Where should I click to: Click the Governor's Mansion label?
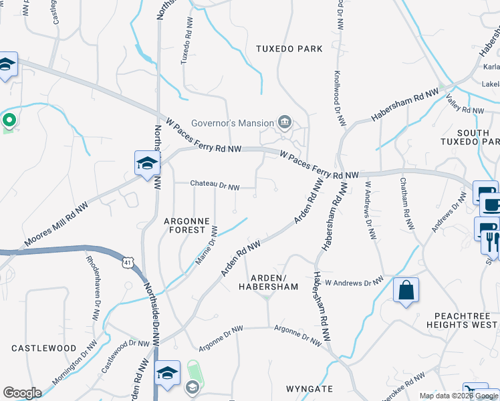[x=233, y=123]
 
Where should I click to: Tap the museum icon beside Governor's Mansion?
[x=285, y=122]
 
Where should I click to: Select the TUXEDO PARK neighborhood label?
[x=289, y=49]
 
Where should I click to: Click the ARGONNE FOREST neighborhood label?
[x=187, y=225]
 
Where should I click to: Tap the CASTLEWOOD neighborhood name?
[x=44, y=348]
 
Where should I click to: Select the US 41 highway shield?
[x=127, y=263]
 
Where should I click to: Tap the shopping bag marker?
[x=406, y=291]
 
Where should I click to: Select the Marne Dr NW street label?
[x=206, y=245]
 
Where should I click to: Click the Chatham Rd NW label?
[x=406, y=204]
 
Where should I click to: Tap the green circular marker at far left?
[x=9, y=121]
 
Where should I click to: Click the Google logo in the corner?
[x=22, y=393]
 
